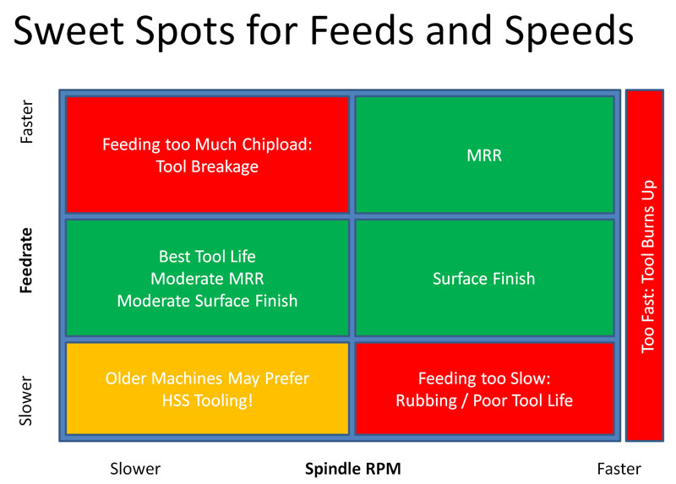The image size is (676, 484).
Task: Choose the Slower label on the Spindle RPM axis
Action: tap(135, 468)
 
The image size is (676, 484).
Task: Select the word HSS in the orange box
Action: tap(178, 400)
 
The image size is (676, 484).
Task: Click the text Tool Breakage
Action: tap(207, 166)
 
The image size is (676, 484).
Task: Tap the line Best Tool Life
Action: tap(207, 256)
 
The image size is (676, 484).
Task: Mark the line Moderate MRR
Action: tap(207, 278)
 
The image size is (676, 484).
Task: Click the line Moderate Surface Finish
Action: tap(207, 300)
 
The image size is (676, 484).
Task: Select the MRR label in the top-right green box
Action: tap(483, 155)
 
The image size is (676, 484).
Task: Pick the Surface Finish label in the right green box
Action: tap(483, 278)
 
